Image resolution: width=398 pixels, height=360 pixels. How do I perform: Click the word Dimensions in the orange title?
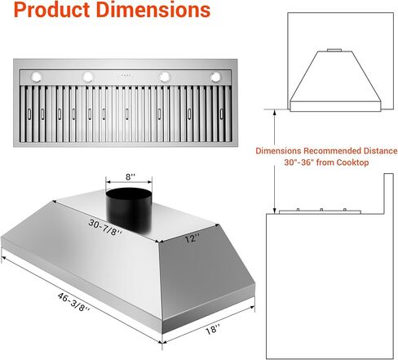148,12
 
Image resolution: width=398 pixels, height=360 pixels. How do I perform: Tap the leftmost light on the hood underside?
37,77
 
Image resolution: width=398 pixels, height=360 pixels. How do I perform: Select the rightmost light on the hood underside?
217,77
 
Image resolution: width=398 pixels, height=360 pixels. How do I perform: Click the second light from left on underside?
86,77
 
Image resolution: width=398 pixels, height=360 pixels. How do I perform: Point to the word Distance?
378,151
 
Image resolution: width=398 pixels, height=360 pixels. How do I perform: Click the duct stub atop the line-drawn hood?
334,51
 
